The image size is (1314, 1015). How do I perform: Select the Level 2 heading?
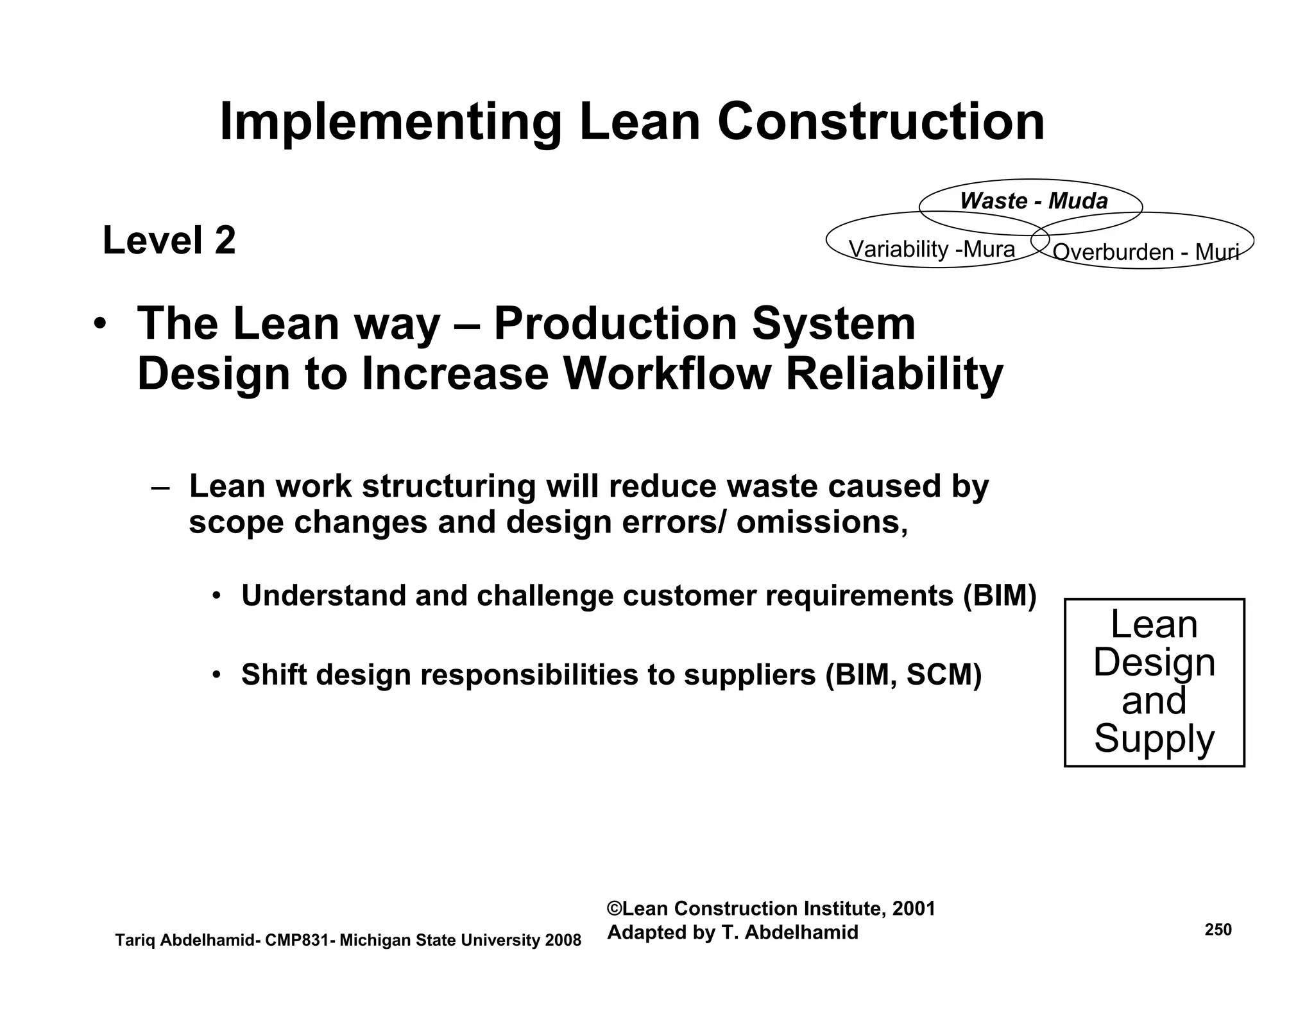169,241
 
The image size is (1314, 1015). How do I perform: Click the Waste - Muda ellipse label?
1034,201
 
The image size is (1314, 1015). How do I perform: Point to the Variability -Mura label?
932,249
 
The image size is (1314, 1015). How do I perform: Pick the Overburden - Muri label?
1145,252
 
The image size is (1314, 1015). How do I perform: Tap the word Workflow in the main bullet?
667,374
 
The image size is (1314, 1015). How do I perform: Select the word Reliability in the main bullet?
894,374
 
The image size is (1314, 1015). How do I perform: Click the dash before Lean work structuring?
160,487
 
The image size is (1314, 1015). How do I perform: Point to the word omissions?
822,522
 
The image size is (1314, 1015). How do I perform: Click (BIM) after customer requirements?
1000,595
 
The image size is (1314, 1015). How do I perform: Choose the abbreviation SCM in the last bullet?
944,674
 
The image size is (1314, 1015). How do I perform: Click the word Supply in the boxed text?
1154,738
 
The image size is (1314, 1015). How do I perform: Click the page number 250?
1218,930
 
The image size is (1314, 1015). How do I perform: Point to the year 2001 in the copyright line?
914,908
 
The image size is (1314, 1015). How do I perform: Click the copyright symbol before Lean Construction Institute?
614,908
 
